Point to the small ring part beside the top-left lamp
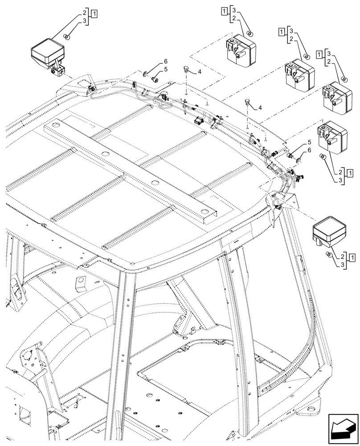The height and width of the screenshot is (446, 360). tap(65, 37)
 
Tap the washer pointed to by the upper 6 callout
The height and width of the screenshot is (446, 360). tap(146, 73)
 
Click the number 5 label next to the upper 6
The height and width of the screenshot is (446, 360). tap(166, 70)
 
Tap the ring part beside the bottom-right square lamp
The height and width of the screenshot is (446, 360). tap(328, 254)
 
